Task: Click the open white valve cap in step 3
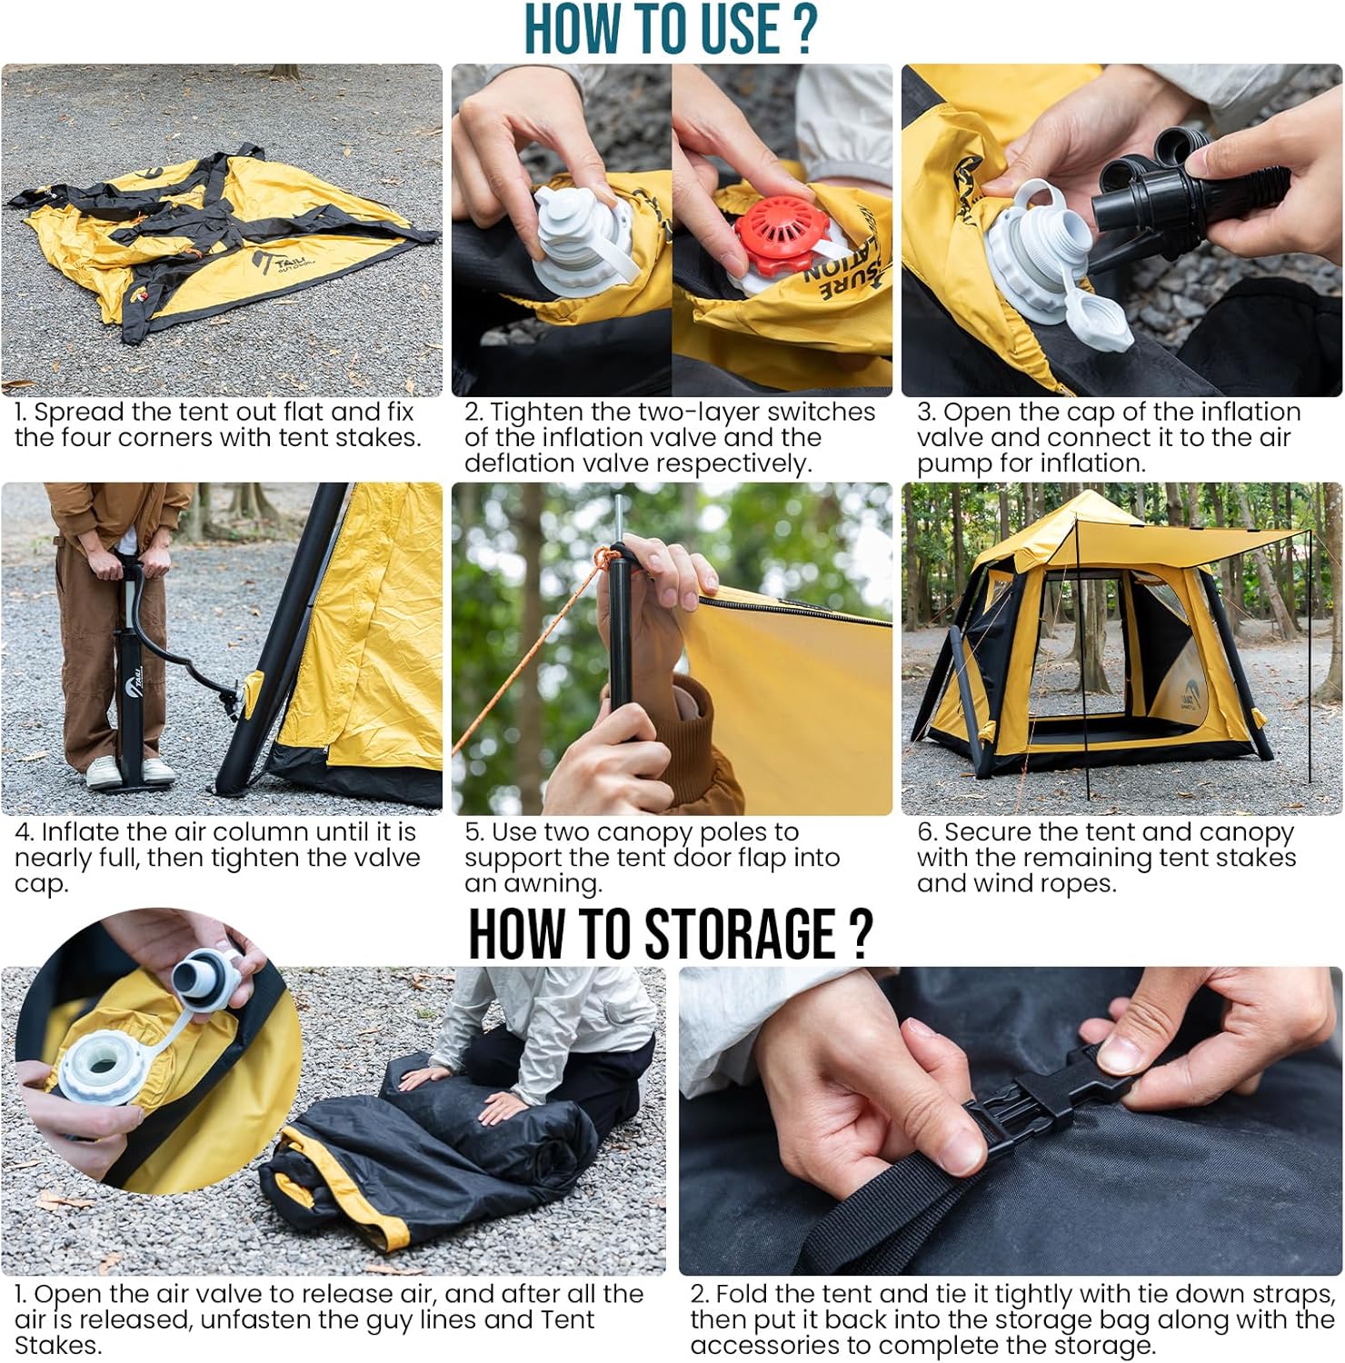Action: click(x=1101, y=318)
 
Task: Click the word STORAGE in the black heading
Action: click(x=742, y=933)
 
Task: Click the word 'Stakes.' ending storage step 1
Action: click(x=57, y=1346)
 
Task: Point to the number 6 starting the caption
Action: click(x=925, y=832)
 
